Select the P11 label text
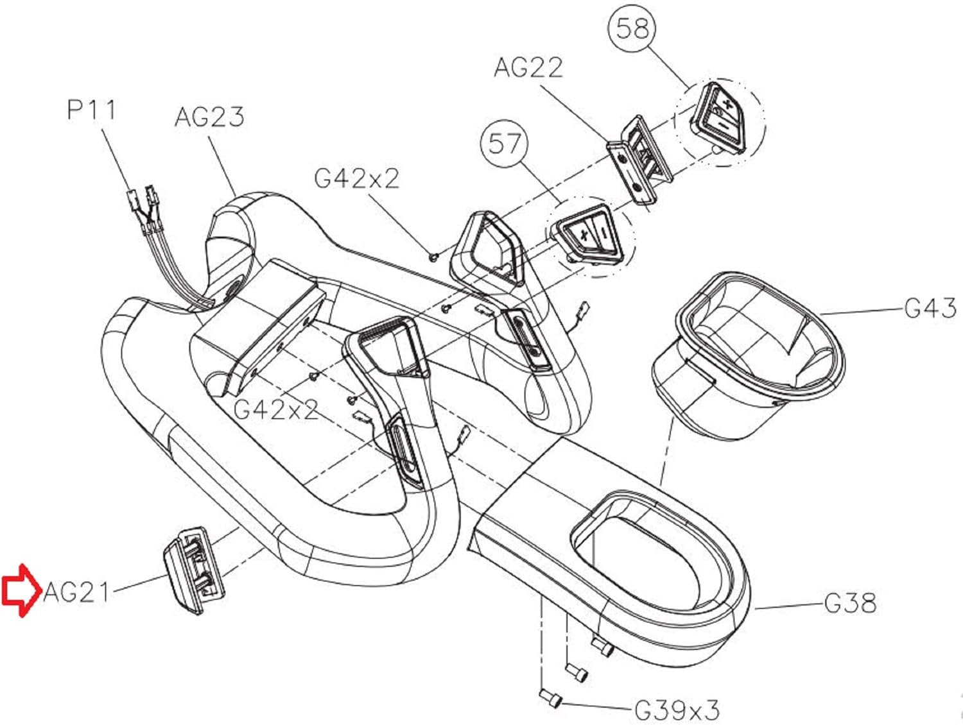92,110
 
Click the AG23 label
209,117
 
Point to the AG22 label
528,68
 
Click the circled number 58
632,29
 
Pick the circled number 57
504,143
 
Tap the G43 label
930,307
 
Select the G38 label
850,603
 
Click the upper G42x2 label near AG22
357,179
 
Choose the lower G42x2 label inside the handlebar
275,410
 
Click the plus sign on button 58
728,105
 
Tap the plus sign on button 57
584,235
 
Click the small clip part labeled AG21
195,570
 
